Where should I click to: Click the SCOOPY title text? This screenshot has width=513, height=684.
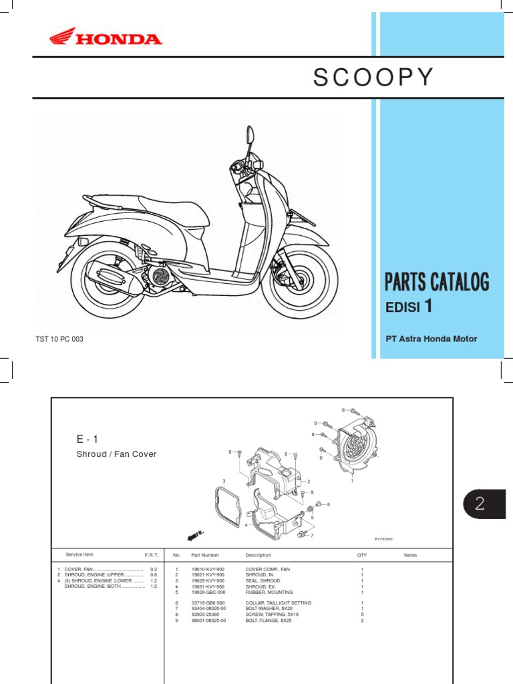373,77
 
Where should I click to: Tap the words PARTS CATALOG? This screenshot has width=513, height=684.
437,283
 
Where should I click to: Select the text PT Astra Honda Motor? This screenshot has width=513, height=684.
432,339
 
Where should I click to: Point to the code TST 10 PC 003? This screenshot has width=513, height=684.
59,339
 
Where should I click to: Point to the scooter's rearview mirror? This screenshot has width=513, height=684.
250,136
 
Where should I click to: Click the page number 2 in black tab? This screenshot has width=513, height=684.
479,504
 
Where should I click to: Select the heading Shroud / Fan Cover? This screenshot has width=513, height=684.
116,454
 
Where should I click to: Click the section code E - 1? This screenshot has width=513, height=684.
88,439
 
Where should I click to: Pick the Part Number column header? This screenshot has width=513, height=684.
205,555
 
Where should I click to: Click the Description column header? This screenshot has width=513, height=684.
259,555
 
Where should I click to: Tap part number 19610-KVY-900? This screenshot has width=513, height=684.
208,569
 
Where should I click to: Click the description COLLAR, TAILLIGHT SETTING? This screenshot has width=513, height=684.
278,603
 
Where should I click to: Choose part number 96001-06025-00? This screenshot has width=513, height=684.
209,621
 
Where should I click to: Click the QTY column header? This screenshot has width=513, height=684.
362,555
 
